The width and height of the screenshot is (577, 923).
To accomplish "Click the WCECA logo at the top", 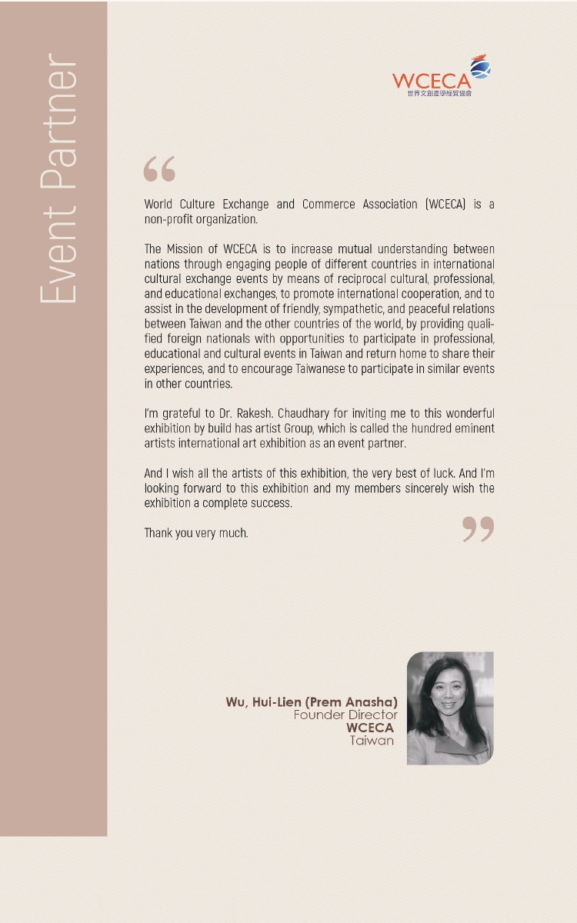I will pos(440,75).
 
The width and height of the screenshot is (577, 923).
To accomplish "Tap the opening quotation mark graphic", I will pos(159,169).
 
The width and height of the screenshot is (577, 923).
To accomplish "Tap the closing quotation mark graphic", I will pos(478,529).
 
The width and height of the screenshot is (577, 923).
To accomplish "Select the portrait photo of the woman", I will pos(449,708).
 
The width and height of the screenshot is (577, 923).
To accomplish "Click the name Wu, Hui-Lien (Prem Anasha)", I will pos(312,702).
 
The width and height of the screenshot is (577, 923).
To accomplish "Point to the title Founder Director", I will pos(345,715).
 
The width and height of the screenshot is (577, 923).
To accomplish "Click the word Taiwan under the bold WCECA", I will pos(372,741).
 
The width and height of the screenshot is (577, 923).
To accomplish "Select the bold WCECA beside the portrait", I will pos(370,728).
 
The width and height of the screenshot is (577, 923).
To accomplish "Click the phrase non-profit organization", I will pos(200,219).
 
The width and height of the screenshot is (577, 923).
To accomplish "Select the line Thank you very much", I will pos(196,533).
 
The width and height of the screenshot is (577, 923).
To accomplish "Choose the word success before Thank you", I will pos(272,503).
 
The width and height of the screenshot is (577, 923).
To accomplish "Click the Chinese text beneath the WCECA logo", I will pos(439,94).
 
